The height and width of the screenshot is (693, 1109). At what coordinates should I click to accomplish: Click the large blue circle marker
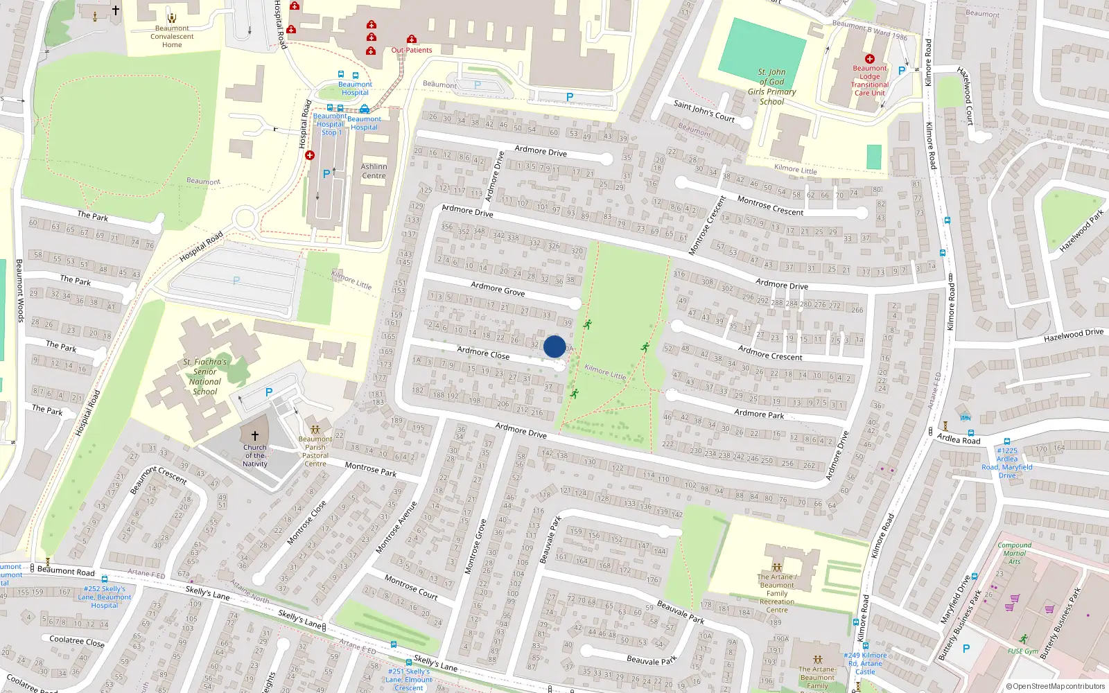554,346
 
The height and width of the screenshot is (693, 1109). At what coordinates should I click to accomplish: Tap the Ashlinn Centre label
374,171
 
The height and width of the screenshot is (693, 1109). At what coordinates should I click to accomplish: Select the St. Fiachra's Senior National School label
205,376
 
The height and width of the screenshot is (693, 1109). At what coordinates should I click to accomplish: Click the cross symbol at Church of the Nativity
255,435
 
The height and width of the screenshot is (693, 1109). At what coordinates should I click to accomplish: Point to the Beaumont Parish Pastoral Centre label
315,451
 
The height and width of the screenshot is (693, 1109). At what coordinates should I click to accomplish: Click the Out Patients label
412,50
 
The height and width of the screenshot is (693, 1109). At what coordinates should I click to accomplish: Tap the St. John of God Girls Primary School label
771,87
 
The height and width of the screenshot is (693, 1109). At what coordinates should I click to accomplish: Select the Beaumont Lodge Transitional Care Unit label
870,80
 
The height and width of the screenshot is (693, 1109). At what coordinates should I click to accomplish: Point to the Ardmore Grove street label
498,288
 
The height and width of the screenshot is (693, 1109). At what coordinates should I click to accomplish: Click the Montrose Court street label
411,586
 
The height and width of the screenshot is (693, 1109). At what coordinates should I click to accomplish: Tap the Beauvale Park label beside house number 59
681,611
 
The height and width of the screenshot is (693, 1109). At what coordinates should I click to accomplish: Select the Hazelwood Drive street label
1074,335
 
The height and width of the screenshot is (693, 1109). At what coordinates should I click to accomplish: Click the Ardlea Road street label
959,439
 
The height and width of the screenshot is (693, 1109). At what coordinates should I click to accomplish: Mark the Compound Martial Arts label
1015,553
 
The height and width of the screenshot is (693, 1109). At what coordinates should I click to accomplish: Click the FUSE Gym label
1023,651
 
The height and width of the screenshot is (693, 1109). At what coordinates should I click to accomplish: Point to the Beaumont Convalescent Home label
172,37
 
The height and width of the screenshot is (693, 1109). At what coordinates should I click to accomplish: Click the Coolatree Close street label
77,641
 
